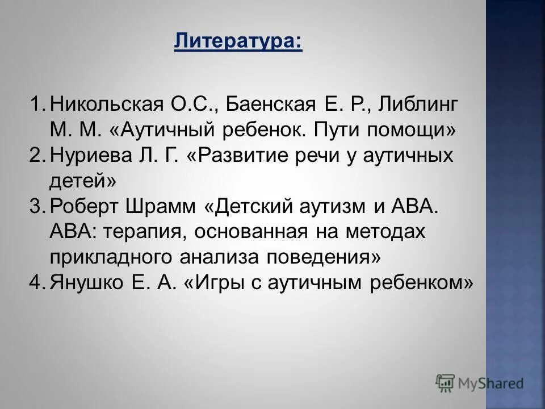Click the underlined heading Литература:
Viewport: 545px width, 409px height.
point(238,41)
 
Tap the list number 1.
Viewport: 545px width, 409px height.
point(37,105)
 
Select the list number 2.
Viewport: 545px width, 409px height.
point(37,156)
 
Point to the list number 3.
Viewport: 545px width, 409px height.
point(37,206)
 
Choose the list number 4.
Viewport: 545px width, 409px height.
point(37,282)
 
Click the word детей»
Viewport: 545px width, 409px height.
point(83,181)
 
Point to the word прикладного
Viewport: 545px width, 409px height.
point(112,257)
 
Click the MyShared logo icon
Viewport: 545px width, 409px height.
point(446,383)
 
